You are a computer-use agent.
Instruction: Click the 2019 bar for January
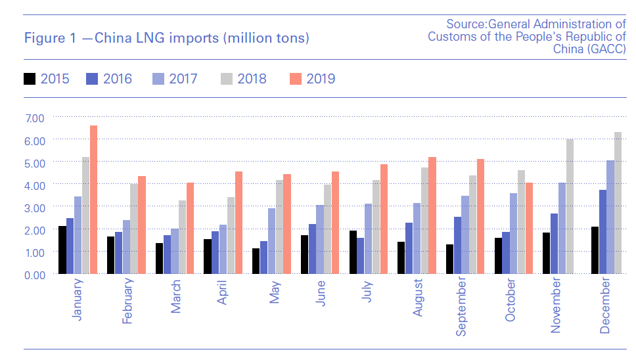tap(93, 200)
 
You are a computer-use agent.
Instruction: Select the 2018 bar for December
tap(617, 203)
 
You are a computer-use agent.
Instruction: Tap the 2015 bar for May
tap(256, 261)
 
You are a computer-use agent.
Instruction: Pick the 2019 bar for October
tap(529, 228)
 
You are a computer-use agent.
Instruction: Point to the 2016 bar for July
tap(360, 256)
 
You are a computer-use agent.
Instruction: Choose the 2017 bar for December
tap(610, 217)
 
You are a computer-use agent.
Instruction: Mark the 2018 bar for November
tap(570, 206)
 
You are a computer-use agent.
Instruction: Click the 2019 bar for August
tap(432, 215)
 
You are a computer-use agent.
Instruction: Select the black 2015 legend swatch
tap(29, 79)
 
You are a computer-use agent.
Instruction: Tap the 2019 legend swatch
tap(295, 79)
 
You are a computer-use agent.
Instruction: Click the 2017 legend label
tap(183, 79)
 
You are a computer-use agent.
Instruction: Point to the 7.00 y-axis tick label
tap(34, 118)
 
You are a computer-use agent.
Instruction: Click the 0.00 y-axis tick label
tap(34, 274)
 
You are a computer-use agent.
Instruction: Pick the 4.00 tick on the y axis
tap(34, 185)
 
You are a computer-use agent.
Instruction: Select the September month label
tap(463, 307)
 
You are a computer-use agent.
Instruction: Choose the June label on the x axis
tap(321, 294)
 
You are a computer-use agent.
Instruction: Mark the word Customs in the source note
tap(449, 37)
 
